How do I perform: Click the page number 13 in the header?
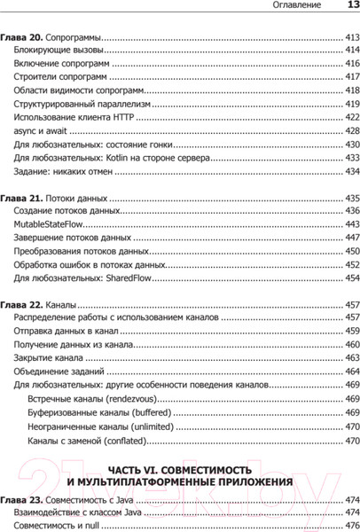pos(347,8)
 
